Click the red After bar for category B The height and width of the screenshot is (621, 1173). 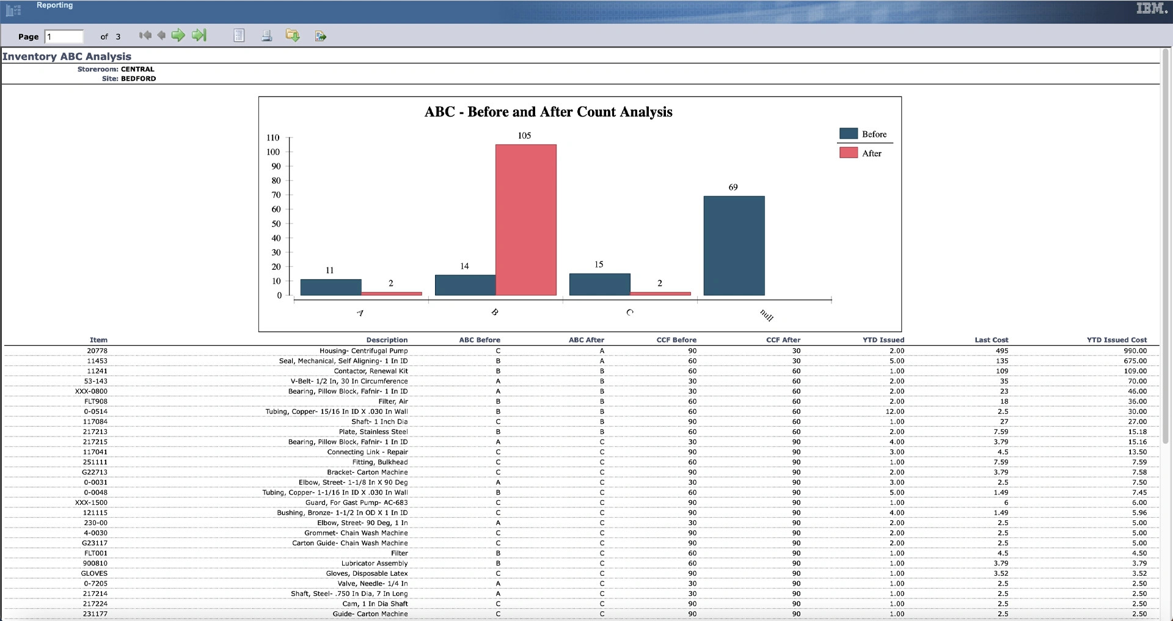(x=525, y=220)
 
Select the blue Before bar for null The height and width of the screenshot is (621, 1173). (x=734, y=245)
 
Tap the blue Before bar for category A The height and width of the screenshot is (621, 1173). (x=331, y=287)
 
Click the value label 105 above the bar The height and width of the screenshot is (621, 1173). (x=524, y=136)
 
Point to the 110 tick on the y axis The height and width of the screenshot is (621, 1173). (x=273, y=138)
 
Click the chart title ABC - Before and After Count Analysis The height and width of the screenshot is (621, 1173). (x=548, y=112)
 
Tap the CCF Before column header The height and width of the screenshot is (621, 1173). (x=676, y=340)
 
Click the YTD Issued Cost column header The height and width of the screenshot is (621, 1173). (x=1116, y=340)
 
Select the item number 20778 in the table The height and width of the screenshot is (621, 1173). (x=97, y=351)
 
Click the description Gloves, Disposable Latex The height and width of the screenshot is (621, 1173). (x=367, y=573)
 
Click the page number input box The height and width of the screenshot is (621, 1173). (x=64, y=37)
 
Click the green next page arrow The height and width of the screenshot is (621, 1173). (x=178, y=35)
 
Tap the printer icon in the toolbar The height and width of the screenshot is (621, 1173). (x=266, y=36)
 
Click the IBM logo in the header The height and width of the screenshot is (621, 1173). (x=1151, y=9)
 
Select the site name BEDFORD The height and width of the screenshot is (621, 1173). (x=138, y=79)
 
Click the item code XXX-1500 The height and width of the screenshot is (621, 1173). (x=91, y=503)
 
